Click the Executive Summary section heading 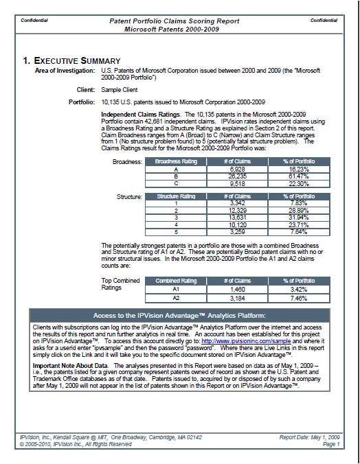point(72,60)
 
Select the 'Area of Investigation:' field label point(65,71)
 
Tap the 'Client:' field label point(85,89)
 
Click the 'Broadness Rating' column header point(176,162)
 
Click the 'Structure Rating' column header point(176,196)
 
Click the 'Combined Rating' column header point(176,281)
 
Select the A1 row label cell point(176,290)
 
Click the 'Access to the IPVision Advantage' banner point(179,315)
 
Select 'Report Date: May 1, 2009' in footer point(310,437)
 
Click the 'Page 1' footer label point(330,444)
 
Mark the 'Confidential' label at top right point(324,21)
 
